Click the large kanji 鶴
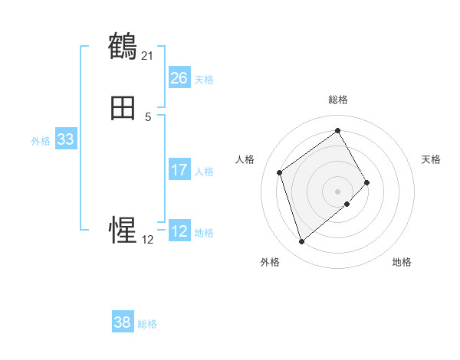coord(123,47)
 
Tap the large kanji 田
coord(123,109)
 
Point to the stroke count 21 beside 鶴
coord(147,55)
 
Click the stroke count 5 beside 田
coord(148,116)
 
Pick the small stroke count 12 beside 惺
coord(147,239)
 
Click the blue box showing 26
coord(179,78)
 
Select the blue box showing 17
coord(179,170)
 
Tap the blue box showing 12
coord(179,231)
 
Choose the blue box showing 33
coord(65,139)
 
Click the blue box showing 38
coord(122,322)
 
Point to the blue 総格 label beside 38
coord(147,324)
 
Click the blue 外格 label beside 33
coord(41,141)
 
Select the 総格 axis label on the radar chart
coord(338,100)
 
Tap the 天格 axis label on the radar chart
coord(431,159)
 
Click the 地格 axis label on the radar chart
coord(402,262)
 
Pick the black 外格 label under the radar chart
coord(270,262)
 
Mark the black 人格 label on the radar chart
coord(245,159)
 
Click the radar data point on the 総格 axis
coord(338,129)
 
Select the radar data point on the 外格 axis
coord(301,242)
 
